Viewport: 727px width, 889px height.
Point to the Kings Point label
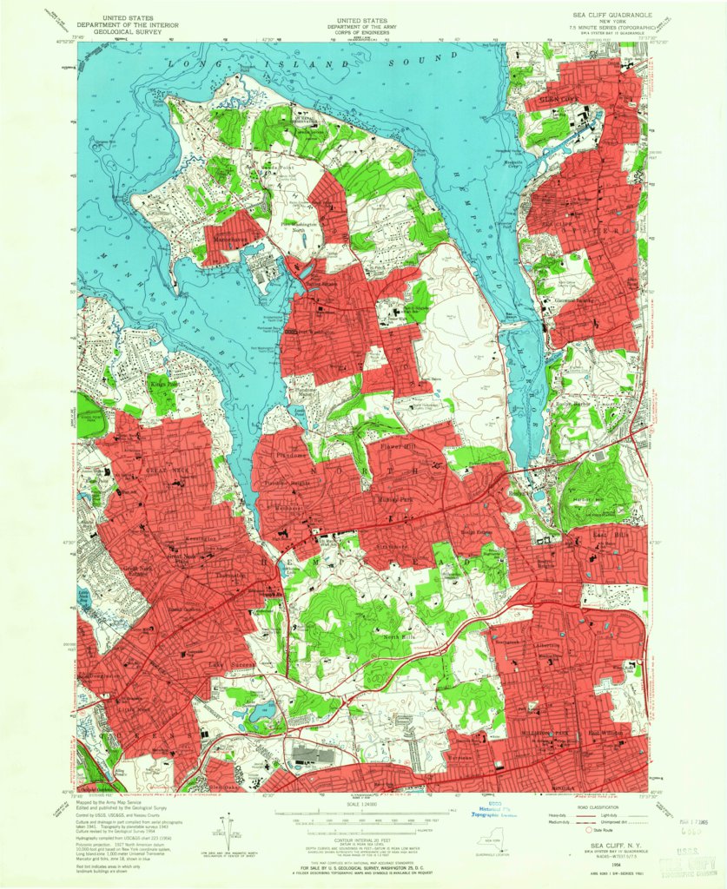click(x=162, y=381)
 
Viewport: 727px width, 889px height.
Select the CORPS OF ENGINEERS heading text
click(x=363, y=32)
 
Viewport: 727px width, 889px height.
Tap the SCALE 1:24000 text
click(x=363, y=804)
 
